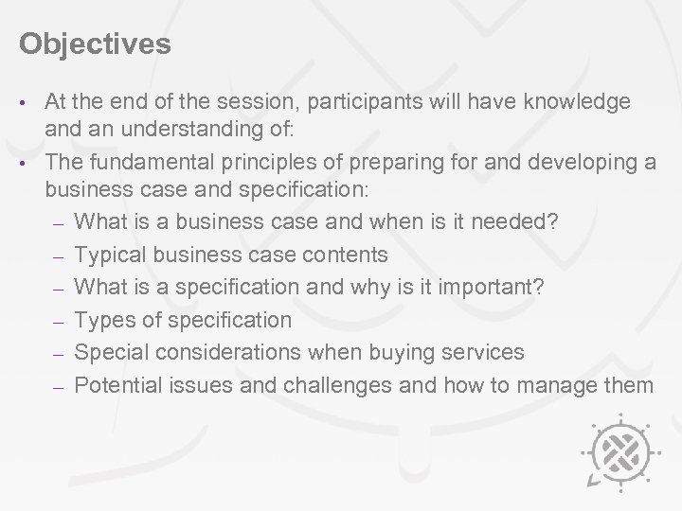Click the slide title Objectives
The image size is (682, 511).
95,44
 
